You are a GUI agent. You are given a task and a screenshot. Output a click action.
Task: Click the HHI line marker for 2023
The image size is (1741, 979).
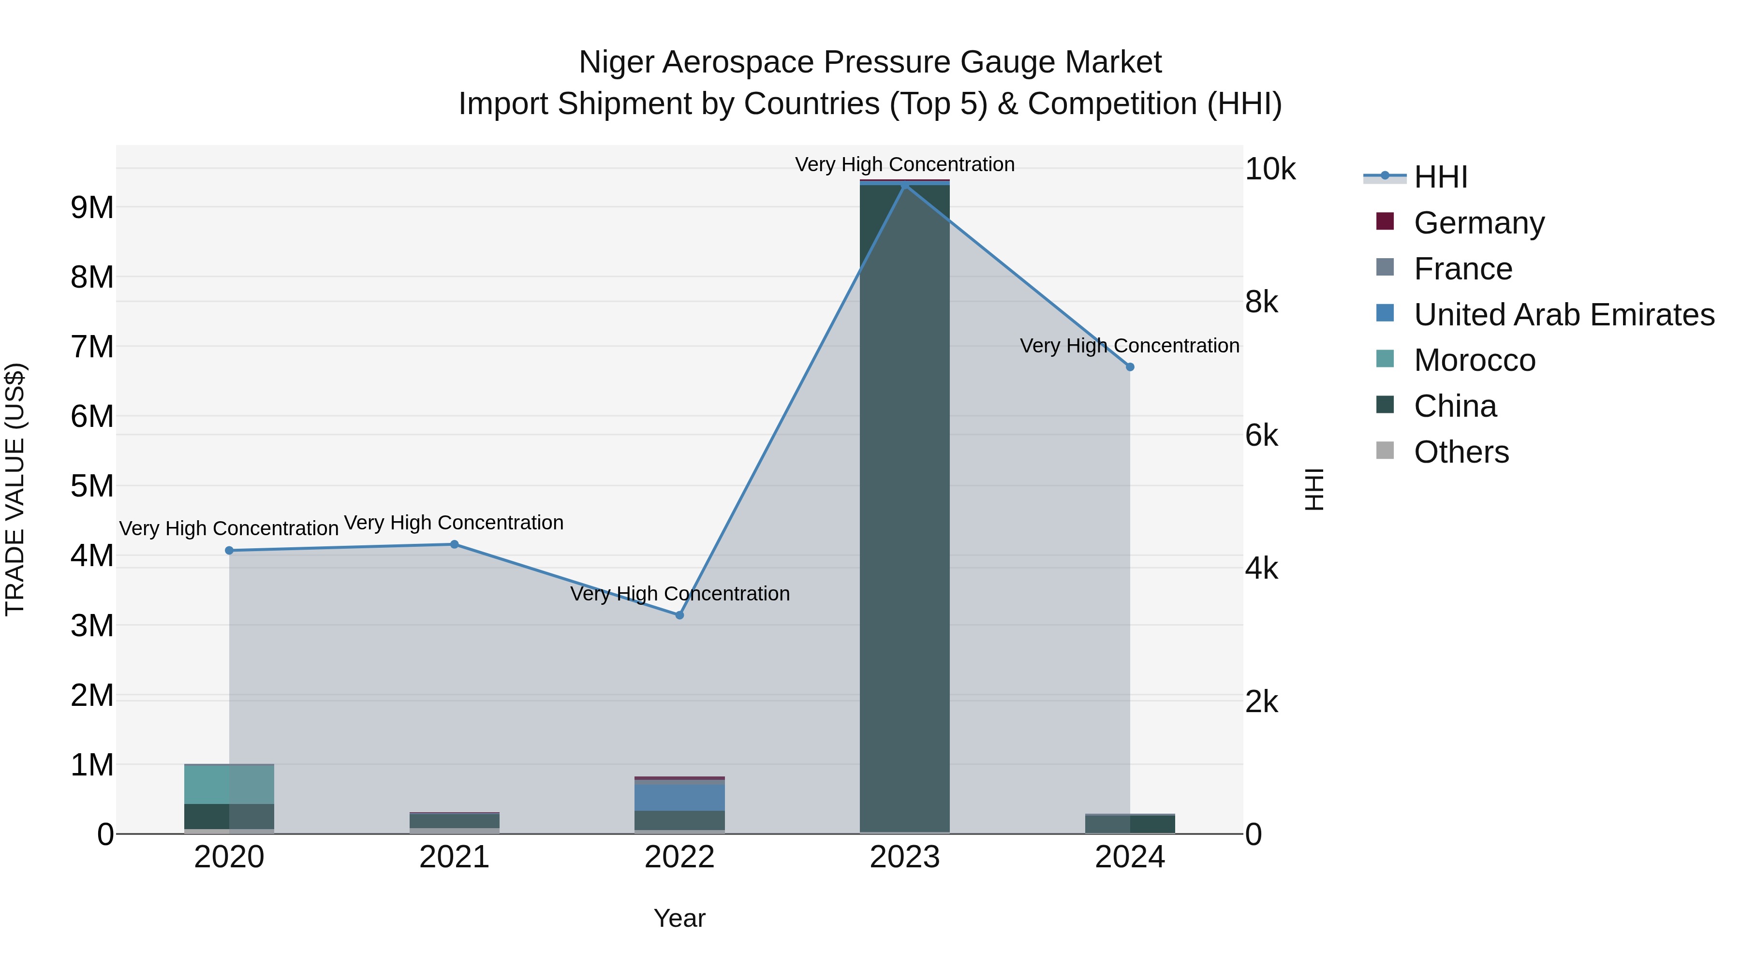tap(904, 185)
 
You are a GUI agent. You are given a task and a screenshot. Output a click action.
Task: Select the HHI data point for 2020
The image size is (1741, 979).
tap(229, 551)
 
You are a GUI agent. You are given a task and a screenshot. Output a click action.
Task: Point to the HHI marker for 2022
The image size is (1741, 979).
tap(679, 615)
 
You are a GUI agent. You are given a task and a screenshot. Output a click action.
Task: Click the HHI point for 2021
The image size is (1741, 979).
tap(454, 544)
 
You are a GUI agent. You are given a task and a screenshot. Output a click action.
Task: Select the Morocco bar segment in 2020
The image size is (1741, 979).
tap(229, 784)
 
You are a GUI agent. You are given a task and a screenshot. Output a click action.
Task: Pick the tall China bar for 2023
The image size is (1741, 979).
tap(904, 507)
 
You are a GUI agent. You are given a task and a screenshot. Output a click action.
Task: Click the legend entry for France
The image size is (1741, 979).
tap(1462, 269)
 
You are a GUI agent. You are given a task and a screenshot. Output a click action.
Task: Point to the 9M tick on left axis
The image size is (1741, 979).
tap(92, 207)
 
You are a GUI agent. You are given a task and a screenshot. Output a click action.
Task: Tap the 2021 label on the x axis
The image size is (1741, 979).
tap(454, 857)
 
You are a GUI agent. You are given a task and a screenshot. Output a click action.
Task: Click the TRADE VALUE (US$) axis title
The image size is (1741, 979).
tap(15, 489)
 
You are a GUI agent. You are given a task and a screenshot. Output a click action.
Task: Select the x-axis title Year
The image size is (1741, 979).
tap(679, 918)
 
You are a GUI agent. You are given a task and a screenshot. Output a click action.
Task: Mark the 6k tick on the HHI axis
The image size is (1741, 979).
tap(1261, 436)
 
